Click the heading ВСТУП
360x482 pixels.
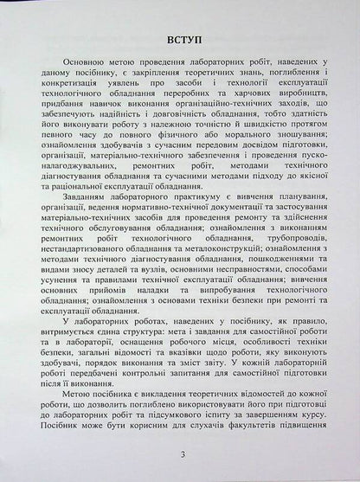point(182,41)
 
